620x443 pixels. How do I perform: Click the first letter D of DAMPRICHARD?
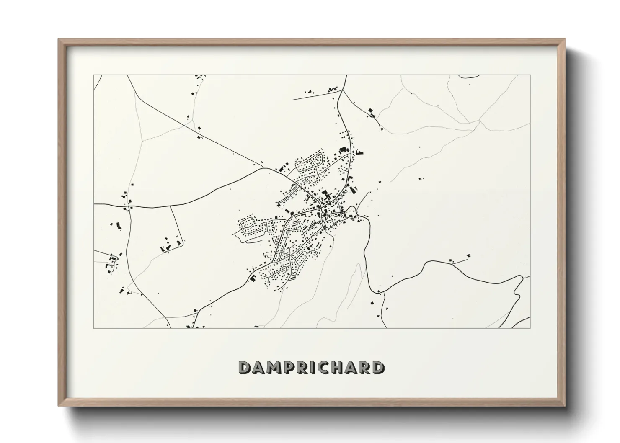244,368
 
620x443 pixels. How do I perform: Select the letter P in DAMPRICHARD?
287,368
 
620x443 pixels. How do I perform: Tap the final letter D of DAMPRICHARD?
378,368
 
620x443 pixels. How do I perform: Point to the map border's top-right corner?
530,75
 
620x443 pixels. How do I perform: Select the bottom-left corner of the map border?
94,328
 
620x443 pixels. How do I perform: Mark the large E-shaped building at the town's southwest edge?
253,278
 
